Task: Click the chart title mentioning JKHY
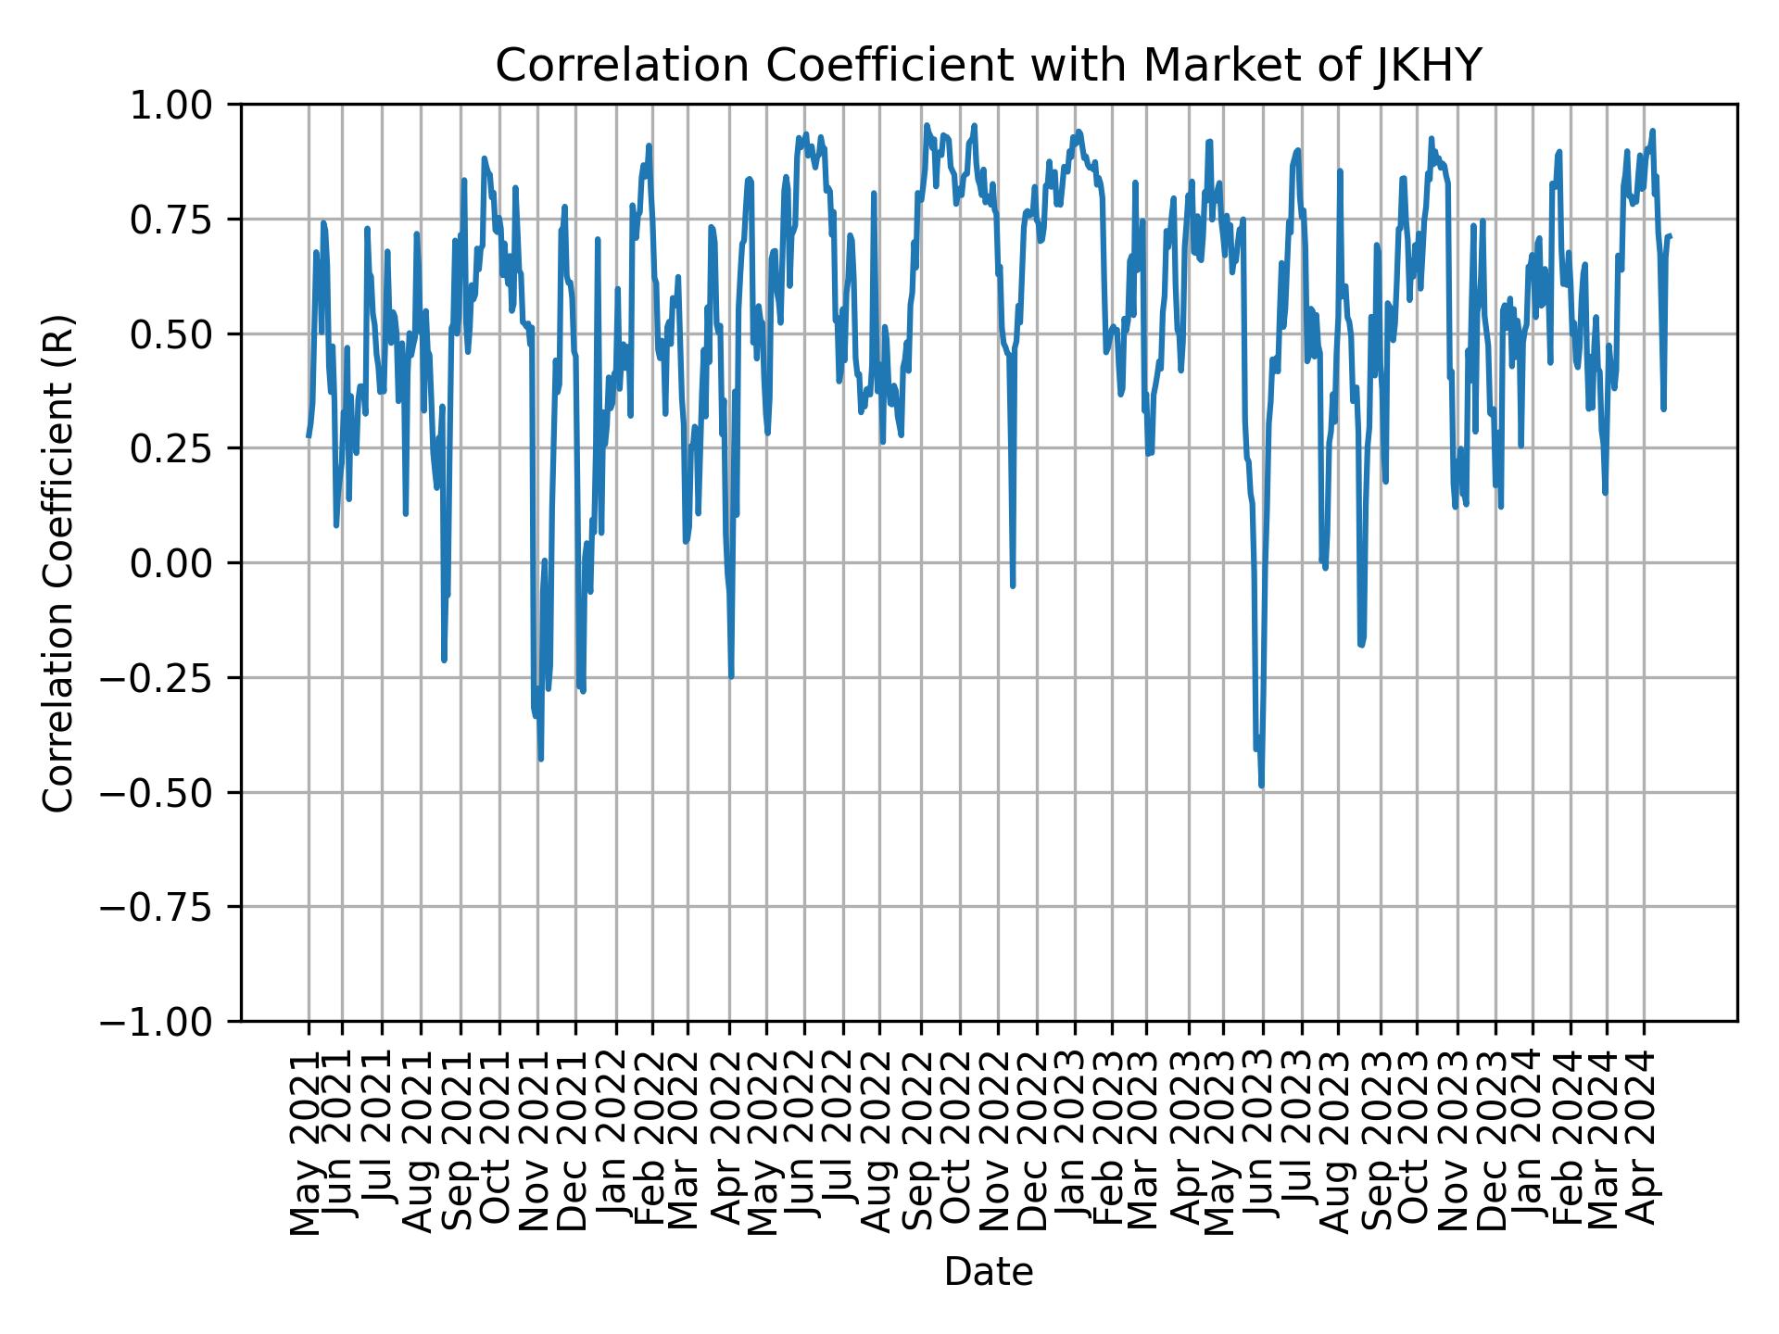pyautogui.click(x=989, y=66)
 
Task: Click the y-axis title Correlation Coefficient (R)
pyautogui.click(x=58, y=562)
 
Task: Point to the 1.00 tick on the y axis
pyautogui.click(x=183, y=105)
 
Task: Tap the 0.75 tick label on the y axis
pyautogui.click(x=183, y=220)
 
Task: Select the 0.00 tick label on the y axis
pyautogui.click(x=183, y=563)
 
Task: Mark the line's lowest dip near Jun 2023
pyautogui.click(x=1262, y=786)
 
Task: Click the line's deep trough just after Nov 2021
pyautogui.click(x=540, y=759)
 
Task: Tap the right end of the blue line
pyautogui.click(x=1670, y=236)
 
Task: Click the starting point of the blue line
pyautogui.click(x=309, y=435)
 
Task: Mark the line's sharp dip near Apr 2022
pyautogui.click(x=731, y=676)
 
